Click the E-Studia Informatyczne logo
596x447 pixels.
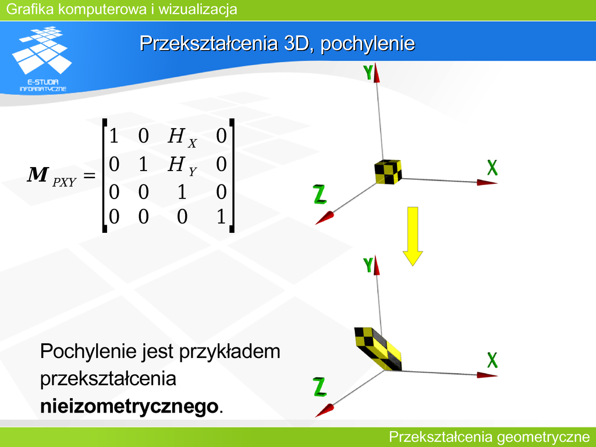pyautogui.click(x=42, y=59)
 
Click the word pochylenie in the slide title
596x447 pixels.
pyautogui.click(x=368, y=43)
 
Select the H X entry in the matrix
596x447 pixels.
pyautogui.click(x=182, y=137)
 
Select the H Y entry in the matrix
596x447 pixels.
pyautogui.click(x=182, y=166)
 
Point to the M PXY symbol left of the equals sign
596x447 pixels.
pyautogui.click(x=51, y=177)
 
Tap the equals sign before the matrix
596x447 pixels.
pyautogui.click(x=89, y=175)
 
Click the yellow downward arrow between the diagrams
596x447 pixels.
pyautogui.click(x=413, y=236)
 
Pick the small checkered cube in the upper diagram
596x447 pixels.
pyautogui.click(x=388, y=172)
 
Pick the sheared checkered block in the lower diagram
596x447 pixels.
pyautogui.click(x=378, y=349)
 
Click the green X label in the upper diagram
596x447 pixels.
pyautogui.click(x=492, y=167)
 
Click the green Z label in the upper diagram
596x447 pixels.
pyautogui.click(x=320, y=194)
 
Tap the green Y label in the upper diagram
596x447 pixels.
pyautogui.click(x=368, y=72)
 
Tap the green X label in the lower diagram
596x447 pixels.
pyautogui.click(x=492, y=360)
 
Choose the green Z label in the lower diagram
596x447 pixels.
pyautogui.click(x=320, y=387)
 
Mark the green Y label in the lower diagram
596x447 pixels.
pyautogui.click(x=368, y=265)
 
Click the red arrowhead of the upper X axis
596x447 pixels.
pyautogui.click(x=487, y=183)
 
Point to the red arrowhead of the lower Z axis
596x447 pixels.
pyautogui.click(x=325, y=410)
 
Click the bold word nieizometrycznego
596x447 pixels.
pyautogui.click(x=130, y=406)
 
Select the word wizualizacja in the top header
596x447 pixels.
pyautogui.click(x=198, y=9)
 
